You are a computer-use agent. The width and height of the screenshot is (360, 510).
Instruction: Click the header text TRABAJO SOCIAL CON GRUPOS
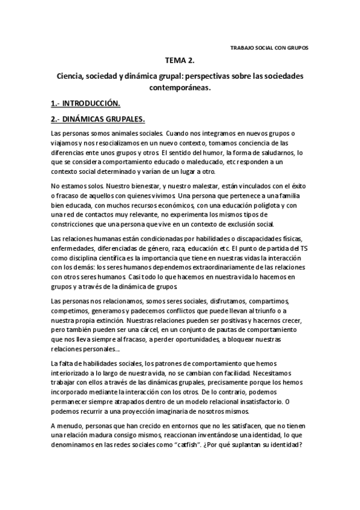pyautogui.click(x=269, y=48)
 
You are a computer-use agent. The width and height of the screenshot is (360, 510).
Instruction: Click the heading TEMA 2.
pyautogui.click(x=180, y=61)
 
